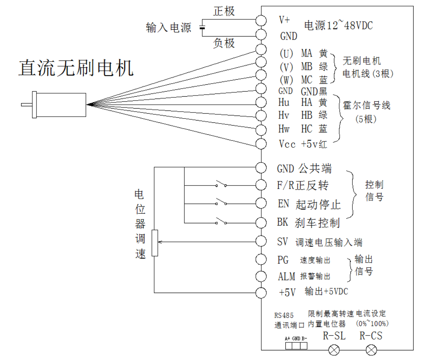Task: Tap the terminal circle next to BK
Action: pyautogui.click(x=261, y=223)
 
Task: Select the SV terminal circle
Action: pyautogui.click(x=261, y=241)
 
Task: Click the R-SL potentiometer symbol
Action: pyautogui.click(x=334, y=350)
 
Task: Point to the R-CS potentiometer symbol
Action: pyautogui.click(x=371, y=350)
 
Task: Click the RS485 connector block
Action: pyautogui.click(x=296, y=345)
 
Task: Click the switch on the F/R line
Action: pyautogui.click(x=220, y=184)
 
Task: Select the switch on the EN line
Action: pyautogui.click(x=220, y=202)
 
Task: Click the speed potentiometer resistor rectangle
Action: pyautogui.click(x=155, y=243)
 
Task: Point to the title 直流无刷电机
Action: pyautogui.click(x=76, y=68)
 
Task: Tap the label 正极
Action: pyautogui.click(x=224, y=11)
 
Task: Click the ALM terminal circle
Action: pyautogui.click(x=261, y=276)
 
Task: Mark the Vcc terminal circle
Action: pyautogui.click(x=261, y=144)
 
